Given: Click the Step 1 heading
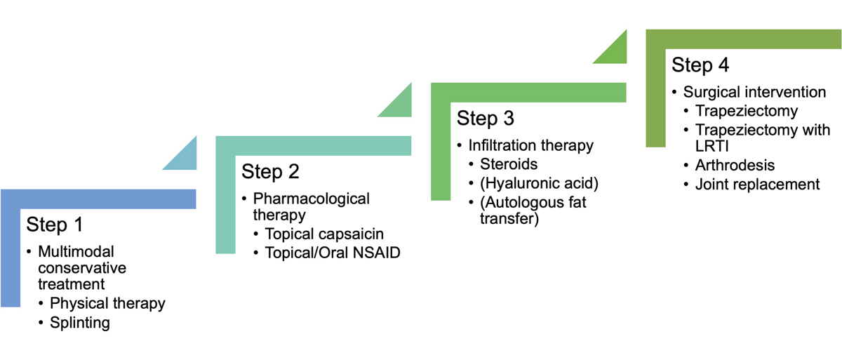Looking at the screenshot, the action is (55, 225).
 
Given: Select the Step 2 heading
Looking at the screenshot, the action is (270, 172).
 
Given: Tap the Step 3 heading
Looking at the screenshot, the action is (486, 119).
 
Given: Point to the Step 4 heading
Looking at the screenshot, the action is (700, 65).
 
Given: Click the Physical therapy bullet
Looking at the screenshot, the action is (107, 303).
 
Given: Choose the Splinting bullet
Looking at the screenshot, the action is (80, 322).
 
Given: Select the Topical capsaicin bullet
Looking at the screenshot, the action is (324, 234).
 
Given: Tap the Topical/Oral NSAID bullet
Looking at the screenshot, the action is (333, 253).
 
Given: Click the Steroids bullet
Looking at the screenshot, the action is (509, 164).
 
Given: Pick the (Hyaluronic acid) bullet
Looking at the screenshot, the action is (539, 183).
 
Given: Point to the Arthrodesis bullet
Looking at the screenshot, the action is (735, 166).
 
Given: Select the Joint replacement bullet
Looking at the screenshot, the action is (757, 185).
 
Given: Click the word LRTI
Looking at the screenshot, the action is (712, 146).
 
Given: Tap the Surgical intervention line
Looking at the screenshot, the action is (754, 92).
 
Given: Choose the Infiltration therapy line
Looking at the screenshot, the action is (530, 145).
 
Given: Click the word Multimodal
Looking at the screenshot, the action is (76, 252).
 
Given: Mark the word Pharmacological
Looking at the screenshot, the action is (312, 199).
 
